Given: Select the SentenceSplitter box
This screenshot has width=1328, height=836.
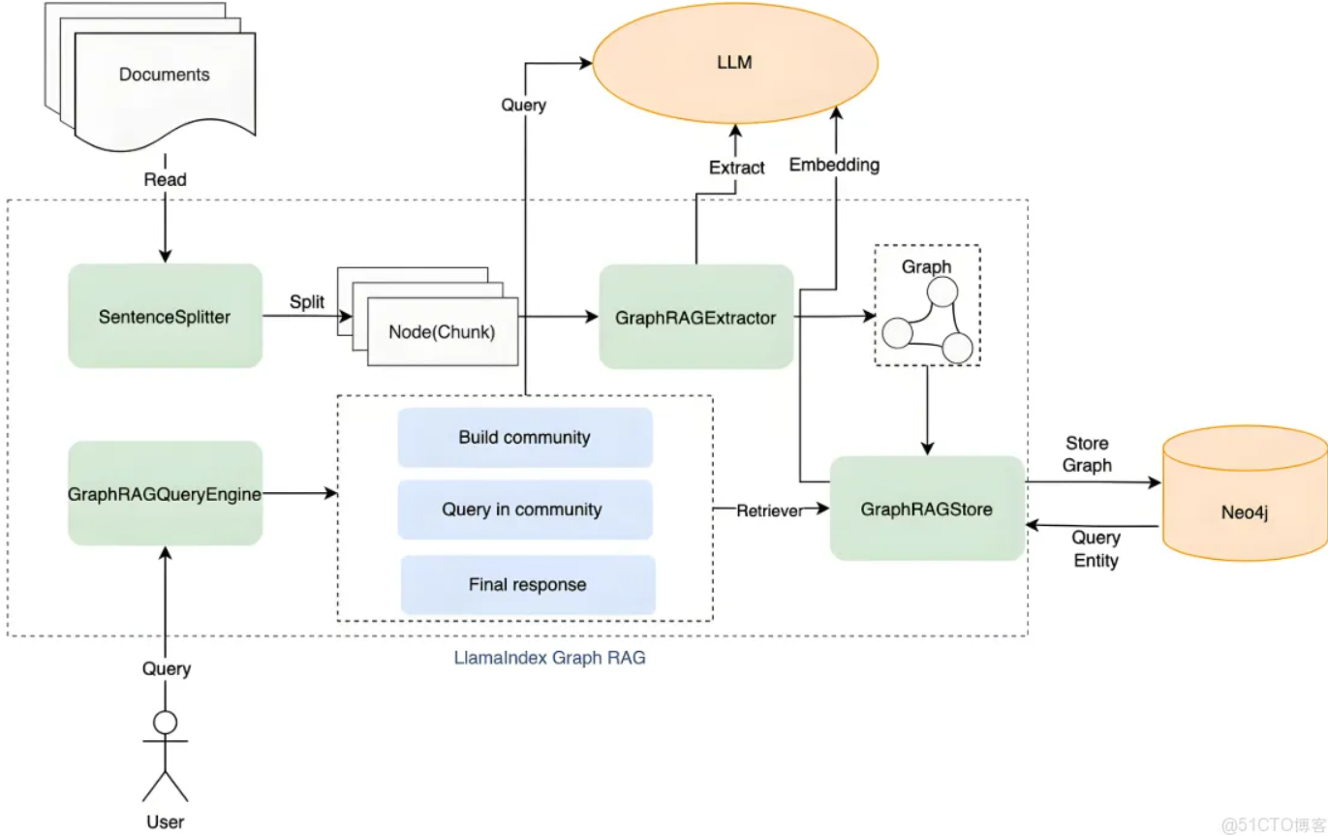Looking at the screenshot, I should (165, 316).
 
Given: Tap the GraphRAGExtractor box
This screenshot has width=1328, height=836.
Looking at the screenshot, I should (695, 317).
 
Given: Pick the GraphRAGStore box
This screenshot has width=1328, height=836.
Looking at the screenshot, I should (927, 509).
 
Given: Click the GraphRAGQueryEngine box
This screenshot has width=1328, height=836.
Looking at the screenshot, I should (165, 494).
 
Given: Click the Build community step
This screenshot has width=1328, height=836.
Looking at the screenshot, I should (524, 437).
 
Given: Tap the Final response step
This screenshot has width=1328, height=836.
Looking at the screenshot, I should (527, 584).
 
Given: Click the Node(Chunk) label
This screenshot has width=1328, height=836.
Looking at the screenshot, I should (442, 331).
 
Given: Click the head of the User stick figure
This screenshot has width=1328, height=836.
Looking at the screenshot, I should (166, 722).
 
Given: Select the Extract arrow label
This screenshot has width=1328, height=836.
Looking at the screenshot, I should (736, 168).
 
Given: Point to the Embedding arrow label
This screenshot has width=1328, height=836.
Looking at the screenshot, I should (834, 165).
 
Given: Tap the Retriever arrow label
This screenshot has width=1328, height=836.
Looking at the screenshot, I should (769, 510).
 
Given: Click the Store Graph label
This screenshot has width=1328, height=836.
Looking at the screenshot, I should (1087, 454).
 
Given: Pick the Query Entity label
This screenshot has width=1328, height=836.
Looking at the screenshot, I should (1096, 548).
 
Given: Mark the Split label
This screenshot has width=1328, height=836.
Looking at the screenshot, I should (307, 302).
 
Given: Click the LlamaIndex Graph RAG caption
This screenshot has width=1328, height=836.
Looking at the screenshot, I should (549, 658).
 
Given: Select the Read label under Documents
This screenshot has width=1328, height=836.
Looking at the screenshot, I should (165, 179).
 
